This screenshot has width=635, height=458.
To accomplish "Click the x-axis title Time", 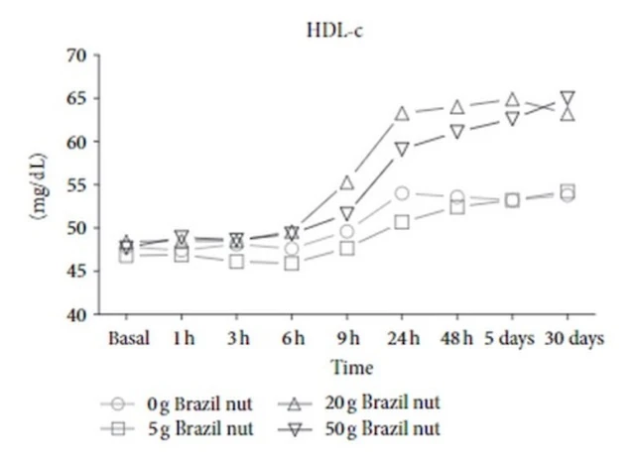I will (352, 369).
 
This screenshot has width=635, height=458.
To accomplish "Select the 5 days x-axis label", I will (512, 338).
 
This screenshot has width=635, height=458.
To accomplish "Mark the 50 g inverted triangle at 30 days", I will (568, 99).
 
